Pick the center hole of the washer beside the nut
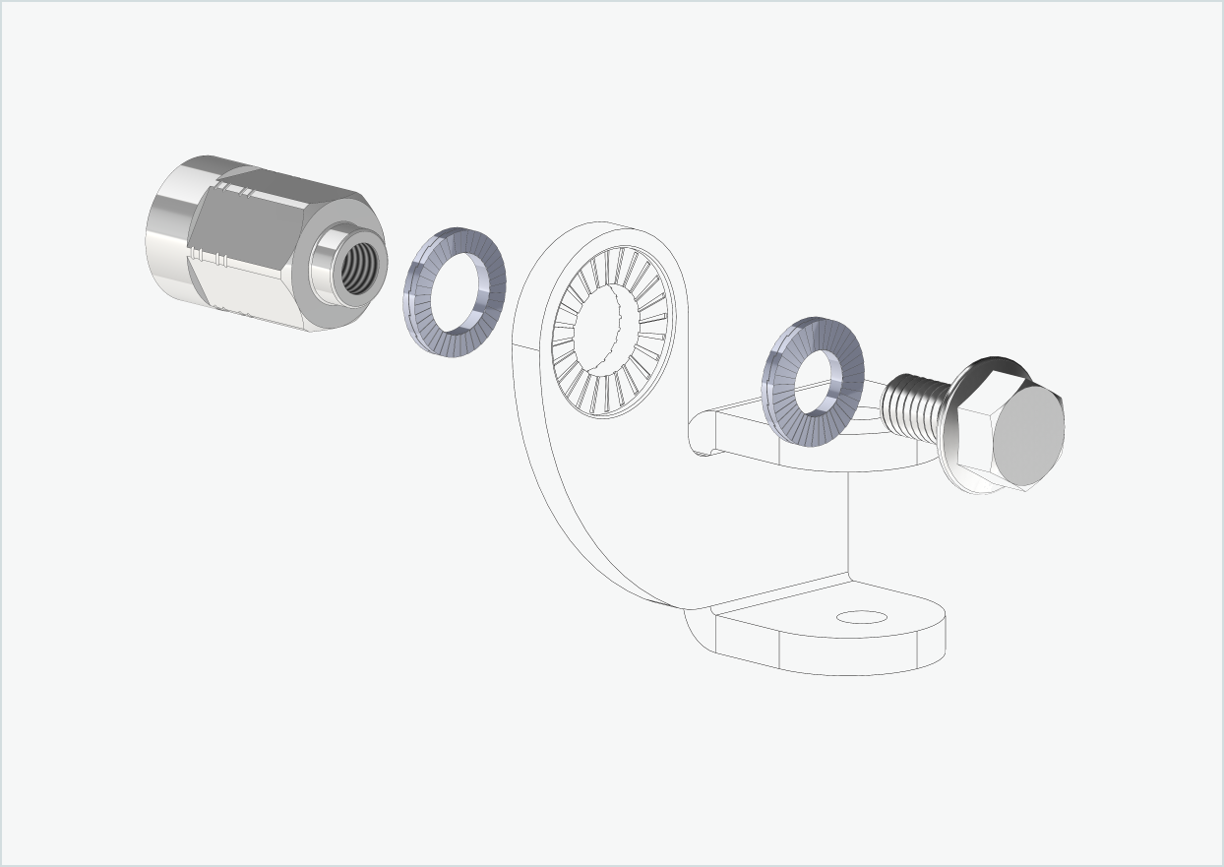(458, 291)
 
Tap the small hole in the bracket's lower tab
(861, 618)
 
